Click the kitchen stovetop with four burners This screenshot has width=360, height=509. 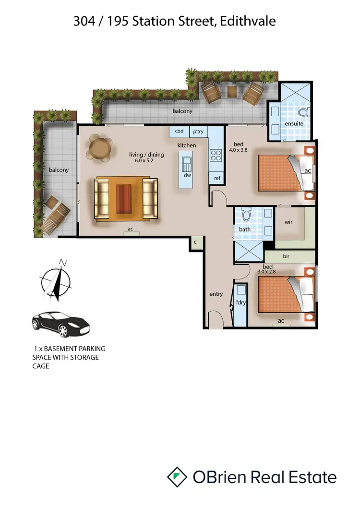pyautogui.click(x=216, y=155)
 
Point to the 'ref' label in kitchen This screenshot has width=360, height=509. pyautogui.click(x=217, y=178)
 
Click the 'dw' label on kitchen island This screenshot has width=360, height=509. pyautogui.click(x=187, y=176)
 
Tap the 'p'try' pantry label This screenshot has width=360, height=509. pyautogui.click(x=198, y=131)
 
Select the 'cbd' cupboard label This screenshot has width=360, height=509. pyautogui.click(x=179, y=131)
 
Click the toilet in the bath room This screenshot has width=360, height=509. pyautogui.click(x=247, y=215)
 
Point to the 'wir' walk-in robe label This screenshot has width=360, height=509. pyautogui.click(x=288, y=222)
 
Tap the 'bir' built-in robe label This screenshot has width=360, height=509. pyautogui.click(x=286, y=257)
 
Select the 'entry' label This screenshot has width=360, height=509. pyautogui.click(x=216, y=294)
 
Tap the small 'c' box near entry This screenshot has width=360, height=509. pyautogui.click(x=195, y=243)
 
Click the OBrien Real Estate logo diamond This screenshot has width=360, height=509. pyautogui.click(x=177, y=477)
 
